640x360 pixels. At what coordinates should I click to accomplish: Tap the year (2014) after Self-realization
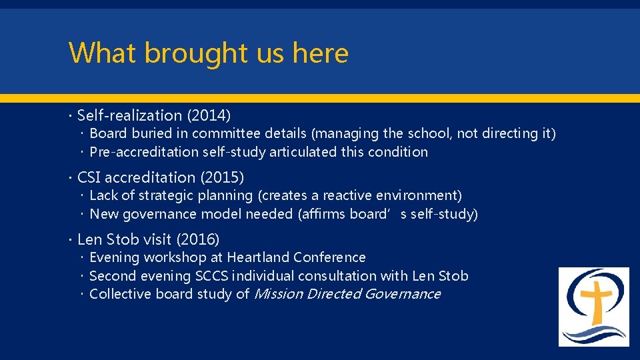pyautogui.click(x=209, y=116)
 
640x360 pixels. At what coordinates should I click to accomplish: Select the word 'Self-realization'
pyautogui.click(x=130, y=116)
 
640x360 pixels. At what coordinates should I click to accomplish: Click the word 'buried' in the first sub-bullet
pyautogui.click(x=151, y=133)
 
